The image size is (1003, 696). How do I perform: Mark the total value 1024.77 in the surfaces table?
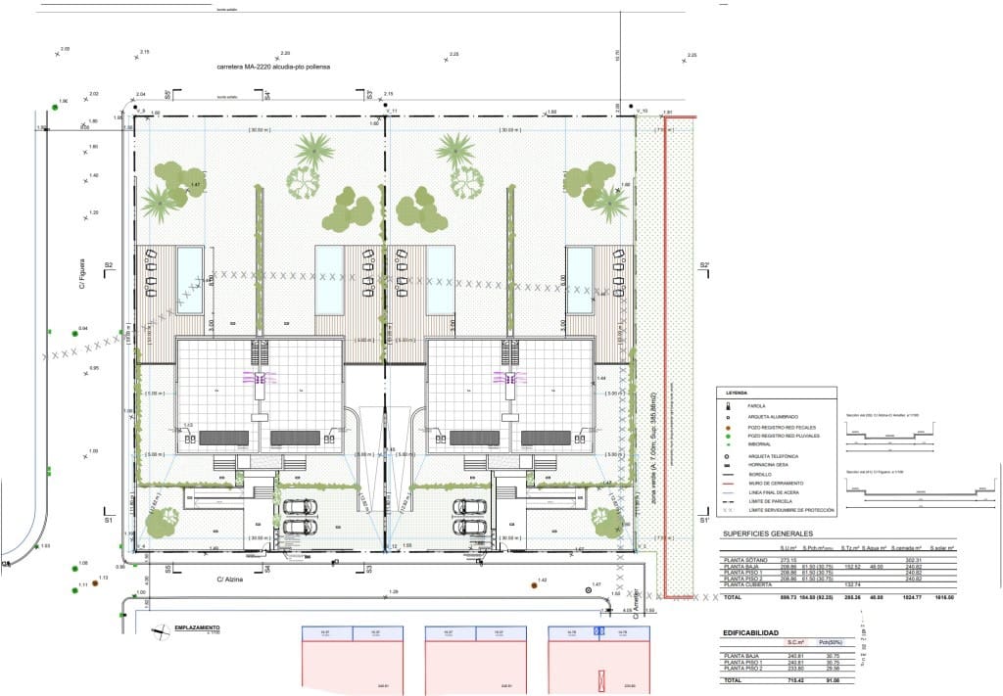(911, 596)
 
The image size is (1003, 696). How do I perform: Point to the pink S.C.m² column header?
(795, 643)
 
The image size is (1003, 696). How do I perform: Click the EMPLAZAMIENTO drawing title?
(196, 626)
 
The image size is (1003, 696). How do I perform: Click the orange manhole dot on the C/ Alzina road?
(534, 585)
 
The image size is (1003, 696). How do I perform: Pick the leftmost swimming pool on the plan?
(190, 264)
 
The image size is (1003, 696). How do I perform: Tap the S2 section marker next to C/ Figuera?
(109, 265)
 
